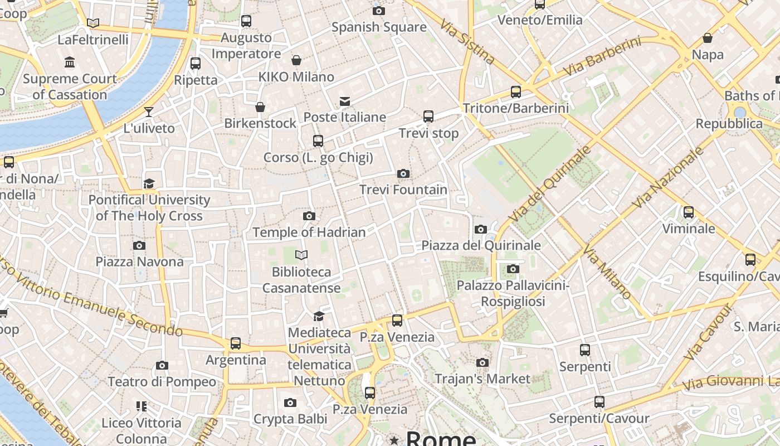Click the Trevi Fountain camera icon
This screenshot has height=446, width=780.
(403, 174)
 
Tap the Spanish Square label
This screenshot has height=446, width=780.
(379, 27)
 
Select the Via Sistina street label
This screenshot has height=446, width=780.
(467, 42)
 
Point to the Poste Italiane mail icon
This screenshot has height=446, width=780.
(345, 101)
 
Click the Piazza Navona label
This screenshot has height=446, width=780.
(139, 261)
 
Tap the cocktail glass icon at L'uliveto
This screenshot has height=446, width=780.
(149, 112)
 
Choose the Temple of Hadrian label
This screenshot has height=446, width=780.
(309, 232)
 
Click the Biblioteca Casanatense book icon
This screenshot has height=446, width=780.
(301, 255)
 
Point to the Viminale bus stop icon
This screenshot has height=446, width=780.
(689, 212)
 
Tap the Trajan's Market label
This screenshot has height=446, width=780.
(482, 379)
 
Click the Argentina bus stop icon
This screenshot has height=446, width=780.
(236, 343)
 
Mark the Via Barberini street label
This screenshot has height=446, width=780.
(602, 57)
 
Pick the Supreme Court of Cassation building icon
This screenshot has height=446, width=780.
(70, 62)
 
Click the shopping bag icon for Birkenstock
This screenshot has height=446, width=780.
(260, 107)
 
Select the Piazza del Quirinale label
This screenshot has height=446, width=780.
(481, 245)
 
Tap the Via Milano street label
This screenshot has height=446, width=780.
(608, 272)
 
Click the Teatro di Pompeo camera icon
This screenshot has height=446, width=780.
(162, 366)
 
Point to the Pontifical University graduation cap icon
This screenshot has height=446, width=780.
(149, 184)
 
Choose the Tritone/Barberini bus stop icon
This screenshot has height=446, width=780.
(516, 92)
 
